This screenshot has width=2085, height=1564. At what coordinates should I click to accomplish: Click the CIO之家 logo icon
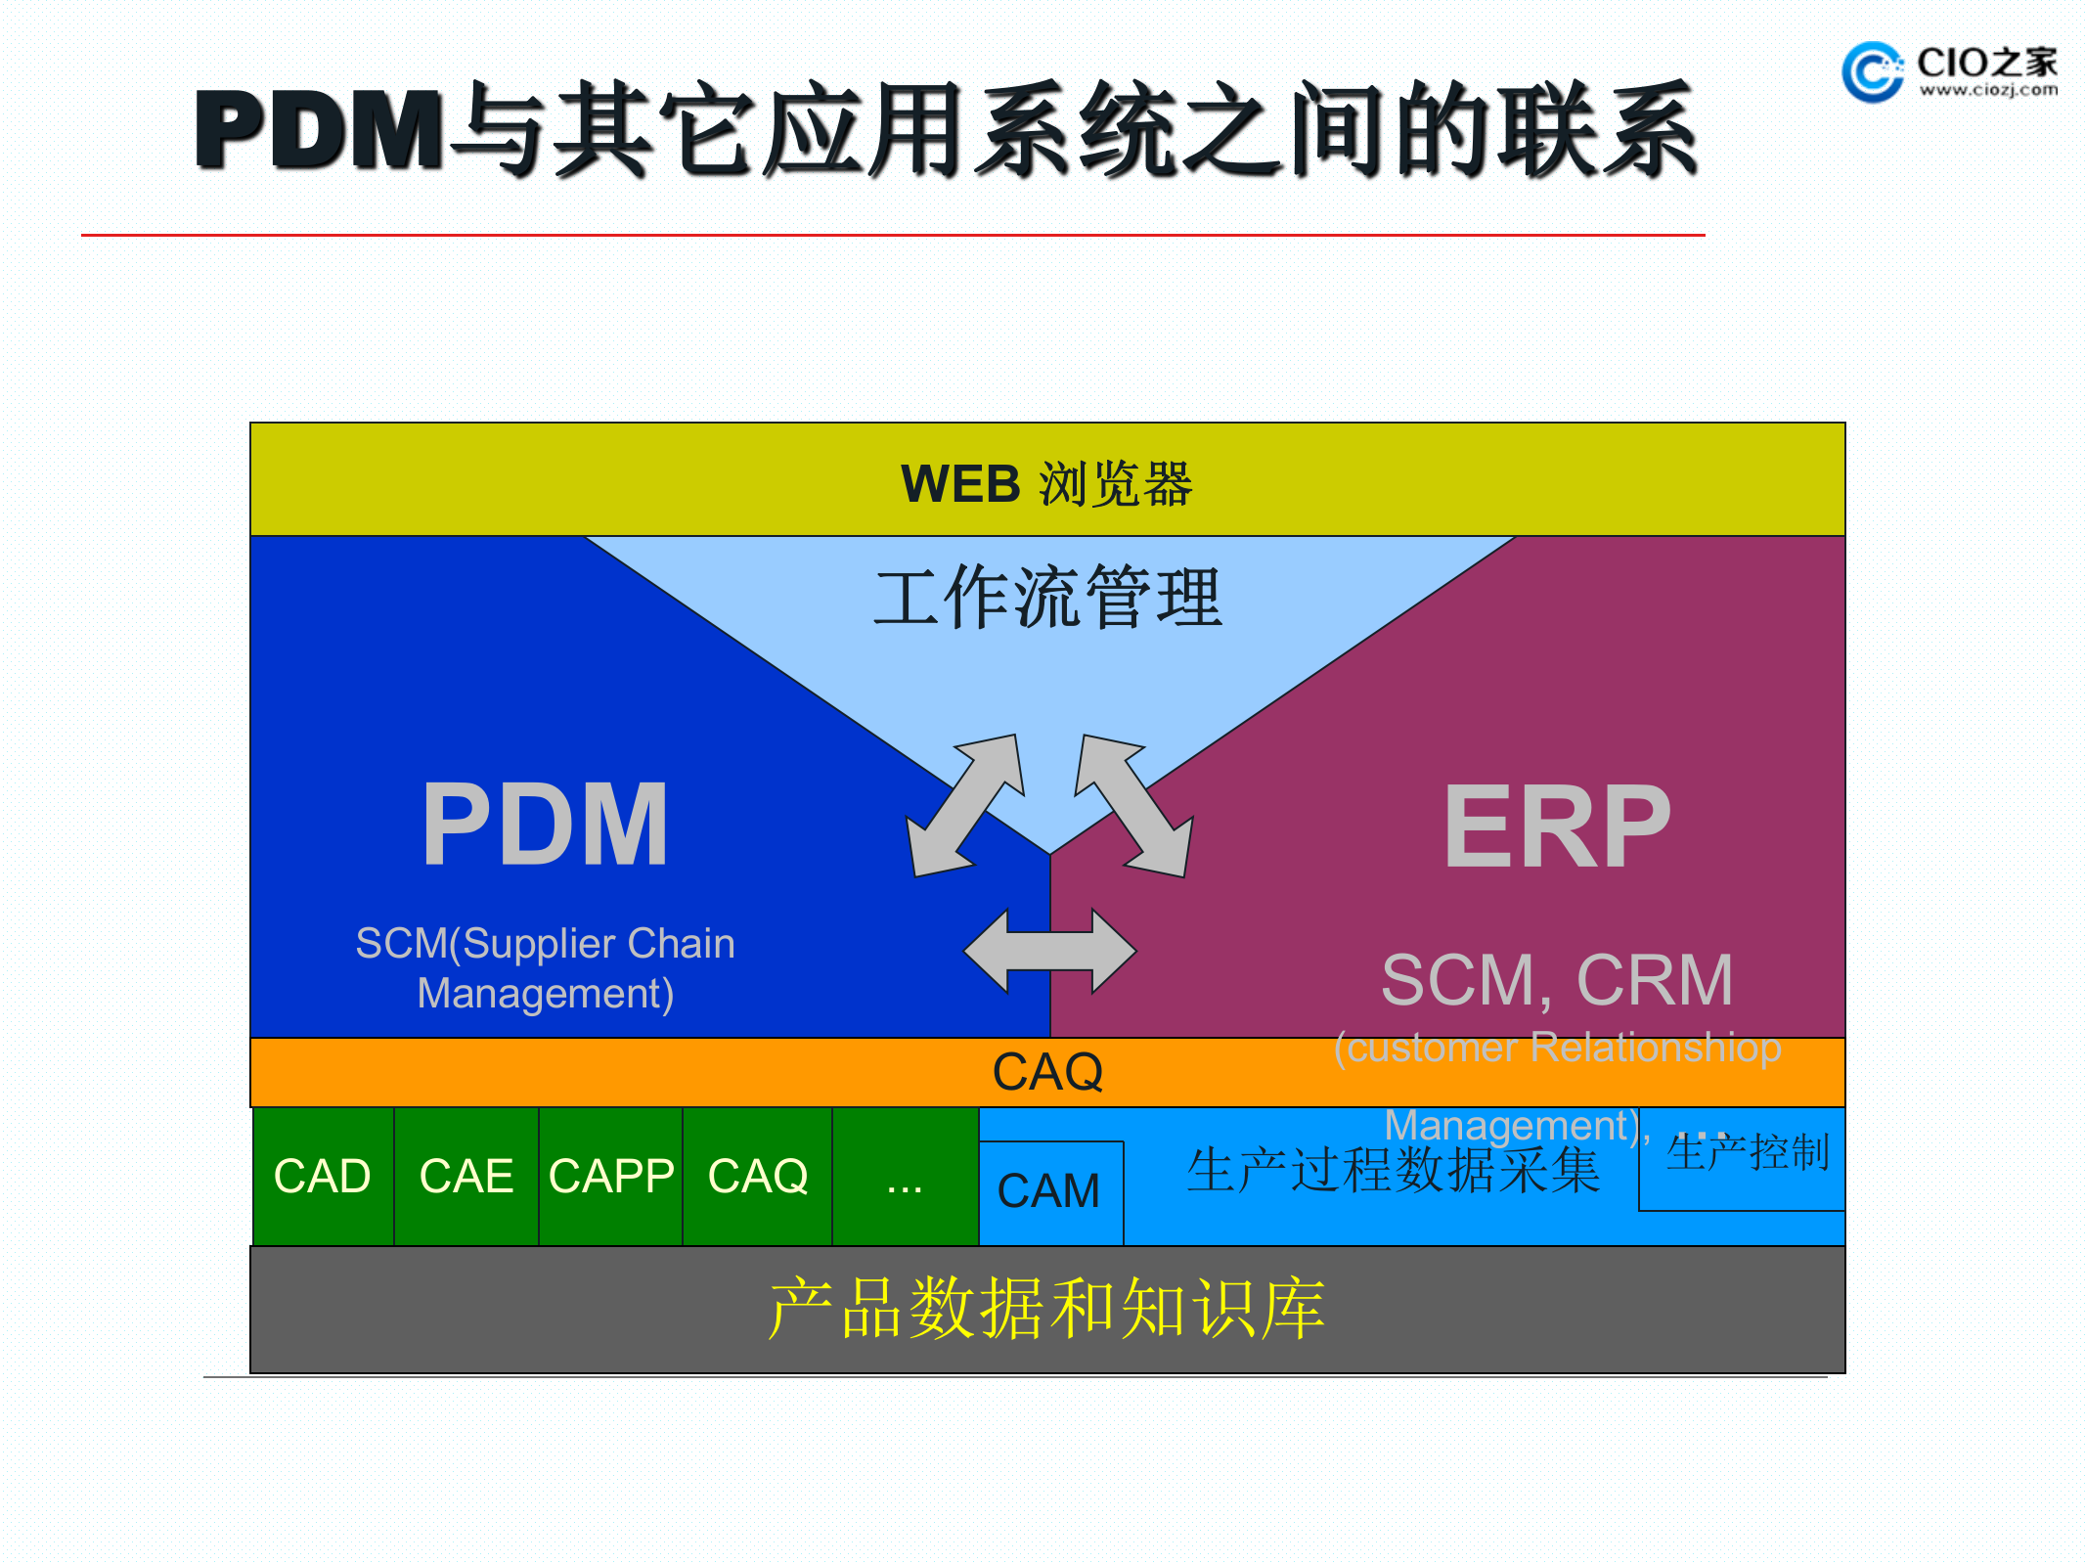click(x=1871, y=70)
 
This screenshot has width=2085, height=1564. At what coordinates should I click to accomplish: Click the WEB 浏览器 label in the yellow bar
click(x=1046, y=483)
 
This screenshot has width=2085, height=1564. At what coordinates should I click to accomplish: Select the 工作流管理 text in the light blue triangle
click(x=1047, y=598)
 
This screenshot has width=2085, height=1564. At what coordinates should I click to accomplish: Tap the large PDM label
click(x=545, y=825)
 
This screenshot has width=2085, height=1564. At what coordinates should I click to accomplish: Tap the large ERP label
click(x=1557, y=827)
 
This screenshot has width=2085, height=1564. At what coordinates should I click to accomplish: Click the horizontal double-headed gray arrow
click(x=1049, y=951)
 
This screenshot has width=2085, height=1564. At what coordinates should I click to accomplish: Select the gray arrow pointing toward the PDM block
click(x=964, y=806)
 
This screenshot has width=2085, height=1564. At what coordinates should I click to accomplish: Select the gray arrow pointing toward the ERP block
click(x=1134, y=806)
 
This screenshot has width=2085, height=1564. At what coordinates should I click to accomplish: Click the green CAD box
click(x=323, y=1176)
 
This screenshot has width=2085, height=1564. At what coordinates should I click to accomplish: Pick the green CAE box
click(x=466, y=1176)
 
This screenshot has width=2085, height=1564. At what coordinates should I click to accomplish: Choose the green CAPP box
click(x=610, y=1176)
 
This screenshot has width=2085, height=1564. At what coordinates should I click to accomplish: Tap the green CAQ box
click(x=757, y=1176)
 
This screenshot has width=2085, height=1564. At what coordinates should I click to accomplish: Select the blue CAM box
click(x=1049, y=1192)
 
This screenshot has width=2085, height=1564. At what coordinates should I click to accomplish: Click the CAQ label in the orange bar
click(x=1047, y=1072)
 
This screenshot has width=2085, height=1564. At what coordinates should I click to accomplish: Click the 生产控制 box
click(x=1746, y=1154)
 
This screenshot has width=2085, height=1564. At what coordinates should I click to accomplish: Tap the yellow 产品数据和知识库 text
click(x=1046, y=1309)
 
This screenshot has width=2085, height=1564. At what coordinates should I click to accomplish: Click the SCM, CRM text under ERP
click(x=1557, y=979)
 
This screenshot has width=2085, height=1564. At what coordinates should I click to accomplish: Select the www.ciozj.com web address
click(x=1987, y=90)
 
